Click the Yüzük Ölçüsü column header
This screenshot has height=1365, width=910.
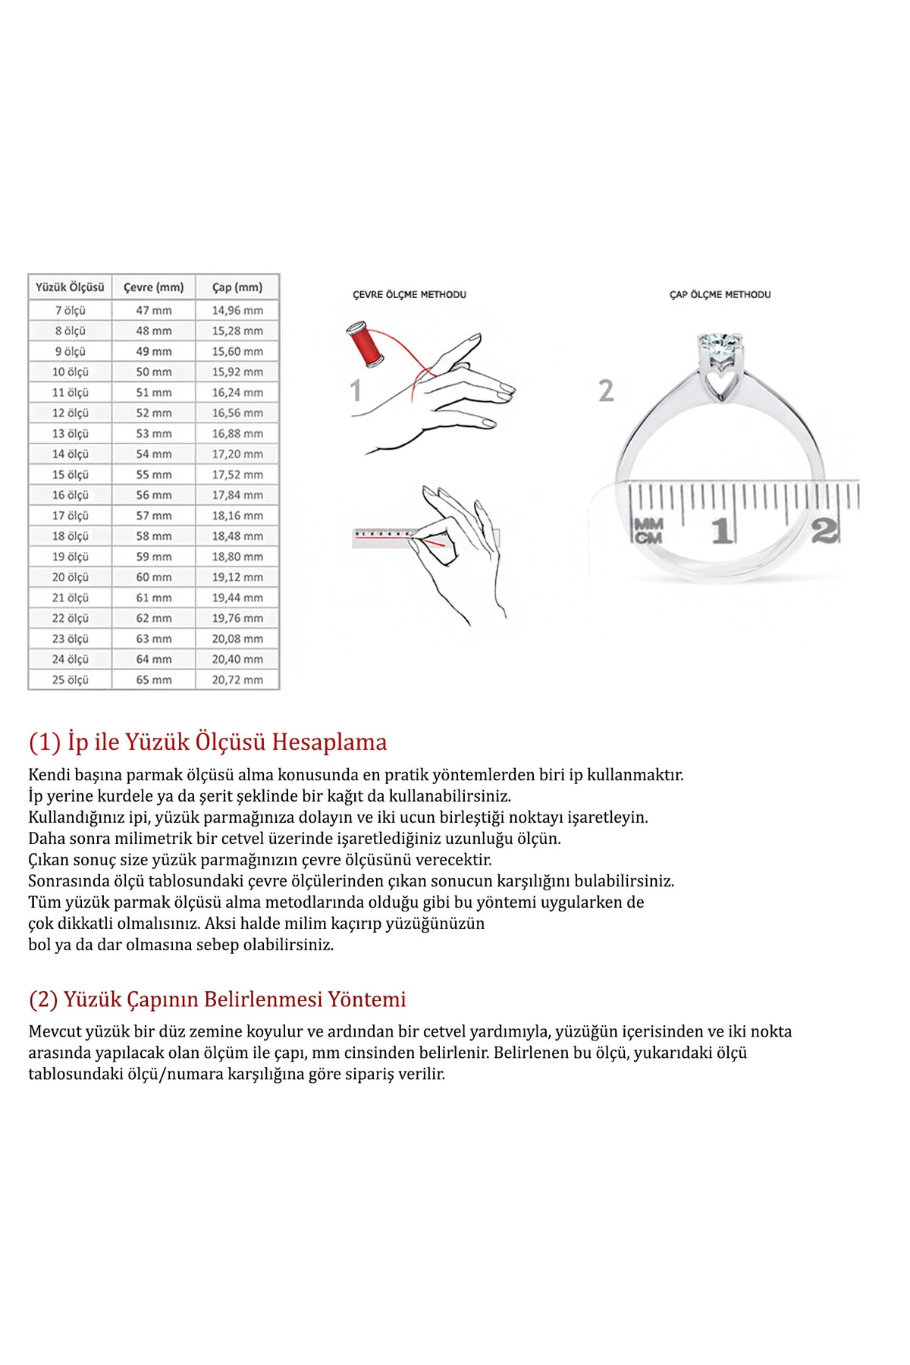[70, 287]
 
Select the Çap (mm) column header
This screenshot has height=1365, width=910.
[237, 287]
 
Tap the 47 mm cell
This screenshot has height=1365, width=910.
[154, 310]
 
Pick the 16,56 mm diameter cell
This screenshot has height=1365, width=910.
[237, 413]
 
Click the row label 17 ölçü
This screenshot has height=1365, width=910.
[70, 516]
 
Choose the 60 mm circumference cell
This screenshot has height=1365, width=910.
[154, 577]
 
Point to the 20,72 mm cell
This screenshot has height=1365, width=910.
[237, 679]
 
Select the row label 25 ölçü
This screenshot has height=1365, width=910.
[70, 679]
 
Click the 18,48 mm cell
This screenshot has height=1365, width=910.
[237, 536]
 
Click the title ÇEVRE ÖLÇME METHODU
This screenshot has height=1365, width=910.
[409, 294]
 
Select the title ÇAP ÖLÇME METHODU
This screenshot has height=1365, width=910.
[720, 294]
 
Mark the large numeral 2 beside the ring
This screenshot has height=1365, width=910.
[606, 391]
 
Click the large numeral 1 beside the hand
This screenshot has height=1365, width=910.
[355, 391]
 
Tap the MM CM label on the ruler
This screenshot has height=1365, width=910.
[648, 530]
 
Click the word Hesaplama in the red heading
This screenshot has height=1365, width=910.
[329, 742]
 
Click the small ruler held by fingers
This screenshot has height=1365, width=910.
[387, 537]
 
